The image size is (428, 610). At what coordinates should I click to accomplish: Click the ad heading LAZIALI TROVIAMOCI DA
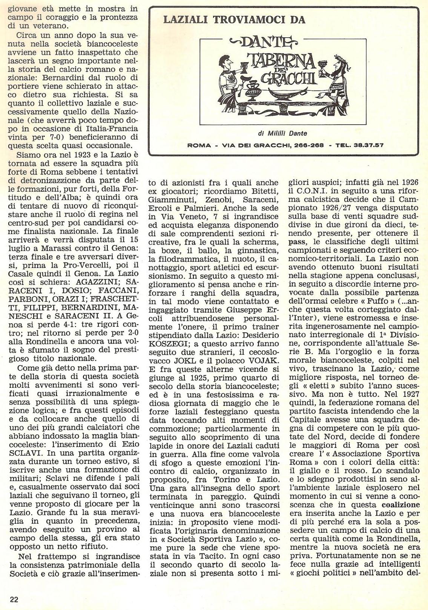click(234, 20)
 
